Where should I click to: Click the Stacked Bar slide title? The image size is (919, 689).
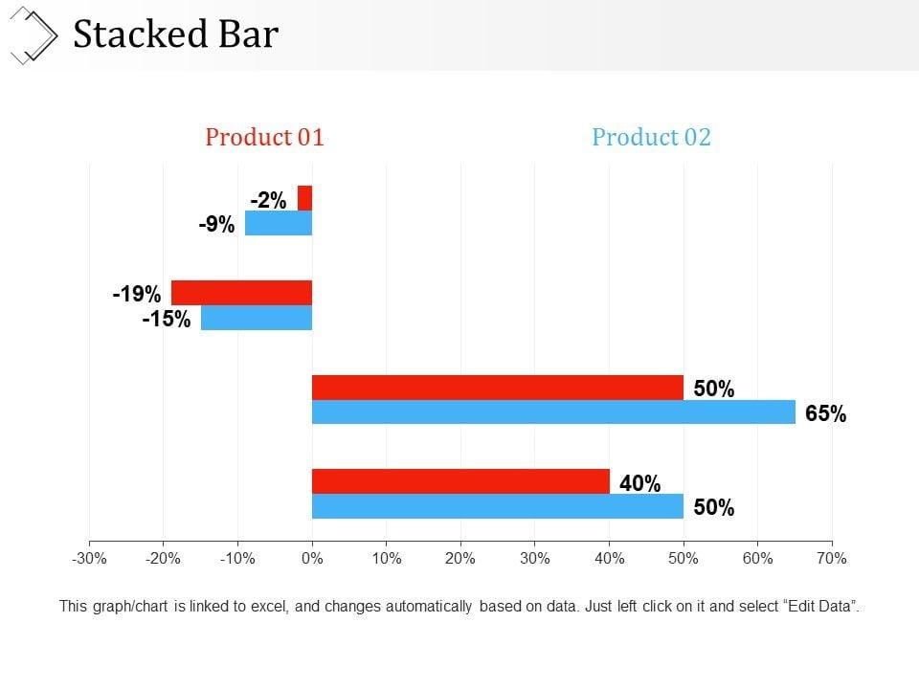(176, 34)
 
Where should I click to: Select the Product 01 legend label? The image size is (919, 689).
(265, 137)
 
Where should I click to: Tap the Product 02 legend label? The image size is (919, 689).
(651, 137)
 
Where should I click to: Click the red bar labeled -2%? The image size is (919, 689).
(305, 198)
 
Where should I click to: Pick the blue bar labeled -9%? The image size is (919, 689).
(279, 223)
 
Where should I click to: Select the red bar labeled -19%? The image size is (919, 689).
(241, 293)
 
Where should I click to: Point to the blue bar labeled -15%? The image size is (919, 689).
(257, 318)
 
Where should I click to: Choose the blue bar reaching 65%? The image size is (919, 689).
(553, 412)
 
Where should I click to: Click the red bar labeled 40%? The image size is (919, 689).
(460, 481)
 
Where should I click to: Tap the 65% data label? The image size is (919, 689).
(825, 414)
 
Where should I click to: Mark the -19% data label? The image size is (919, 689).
(136, 294)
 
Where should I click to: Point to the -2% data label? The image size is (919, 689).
(268, 200)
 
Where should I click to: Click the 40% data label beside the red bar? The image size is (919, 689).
(639, 484)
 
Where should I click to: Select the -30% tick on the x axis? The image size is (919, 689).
(89, 559)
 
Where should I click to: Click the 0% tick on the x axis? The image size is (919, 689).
(312, 559)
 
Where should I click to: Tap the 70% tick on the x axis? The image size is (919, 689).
(832, 559)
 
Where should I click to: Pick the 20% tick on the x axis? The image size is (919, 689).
(460, 559)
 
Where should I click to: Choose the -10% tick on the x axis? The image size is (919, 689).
(237, 559)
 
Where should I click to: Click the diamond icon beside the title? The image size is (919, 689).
(32, 34)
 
